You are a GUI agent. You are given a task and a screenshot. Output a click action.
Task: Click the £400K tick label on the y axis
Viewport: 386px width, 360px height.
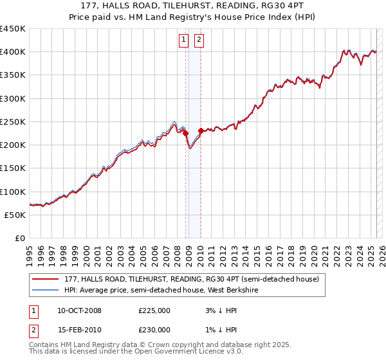(x=13, y=52)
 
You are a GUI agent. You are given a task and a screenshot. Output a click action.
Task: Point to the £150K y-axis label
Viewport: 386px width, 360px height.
(x=13, y=168)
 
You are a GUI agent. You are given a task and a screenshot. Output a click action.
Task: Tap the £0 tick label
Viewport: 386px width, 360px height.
(x=19, y=238)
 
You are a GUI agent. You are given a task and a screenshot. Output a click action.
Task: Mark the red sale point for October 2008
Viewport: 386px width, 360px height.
(x=186, y=134)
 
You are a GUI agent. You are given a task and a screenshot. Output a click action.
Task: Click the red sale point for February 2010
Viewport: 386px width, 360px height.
(x=201, y=130)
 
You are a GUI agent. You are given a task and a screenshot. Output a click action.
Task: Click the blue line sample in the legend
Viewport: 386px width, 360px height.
(x=45, y=290)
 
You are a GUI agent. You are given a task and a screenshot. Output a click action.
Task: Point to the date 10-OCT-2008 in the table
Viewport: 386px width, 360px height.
(x=79, y=310)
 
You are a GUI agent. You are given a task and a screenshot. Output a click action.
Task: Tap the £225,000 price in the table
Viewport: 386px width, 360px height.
(x=154, y=310)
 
